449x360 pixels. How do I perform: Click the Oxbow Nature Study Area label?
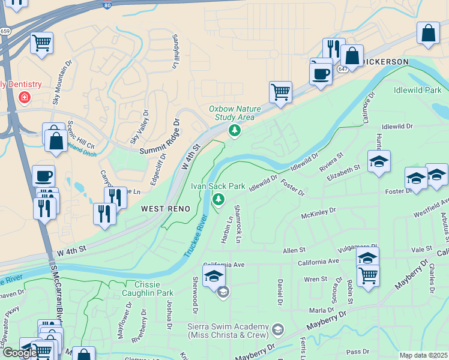(x=235, y=113)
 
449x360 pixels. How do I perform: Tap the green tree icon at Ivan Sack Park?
(x=219, y=199)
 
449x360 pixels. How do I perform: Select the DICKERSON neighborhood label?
(x=386, y=62)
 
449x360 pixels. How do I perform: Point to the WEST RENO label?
(x=166, y=208)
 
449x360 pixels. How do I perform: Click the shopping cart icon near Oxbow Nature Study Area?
(x=280, y=92)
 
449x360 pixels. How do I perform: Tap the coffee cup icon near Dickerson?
(x=321, y=74)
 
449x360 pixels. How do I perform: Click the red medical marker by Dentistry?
(x=25, y=97)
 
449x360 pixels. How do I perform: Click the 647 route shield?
(x=342, y=69)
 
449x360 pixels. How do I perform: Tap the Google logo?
(x=20, y=353)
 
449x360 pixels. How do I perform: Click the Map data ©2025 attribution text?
(x=423, y=355)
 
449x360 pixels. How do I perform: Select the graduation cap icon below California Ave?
(x=213, y=276)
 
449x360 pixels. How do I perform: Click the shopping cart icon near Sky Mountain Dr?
(x=42, y=43)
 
